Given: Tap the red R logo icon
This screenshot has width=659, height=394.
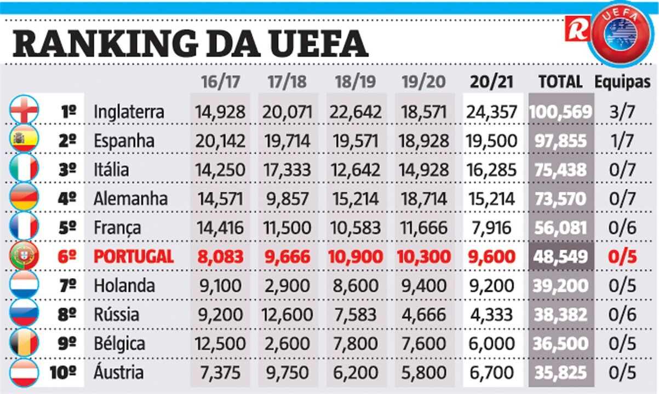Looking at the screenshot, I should (x=577, y=28).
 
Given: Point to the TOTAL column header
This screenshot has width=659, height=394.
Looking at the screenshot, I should (x=560, y=82).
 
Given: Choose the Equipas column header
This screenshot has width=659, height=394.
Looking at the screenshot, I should (x=623, y=82).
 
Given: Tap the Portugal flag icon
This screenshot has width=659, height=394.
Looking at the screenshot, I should (x=25, y=257).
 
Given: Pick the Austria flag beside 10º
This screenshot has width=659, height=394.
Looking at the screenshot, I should (x=25, y=373).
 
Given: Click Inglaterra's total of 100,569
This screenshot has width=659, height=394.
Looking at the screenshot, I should (x=560, y=112).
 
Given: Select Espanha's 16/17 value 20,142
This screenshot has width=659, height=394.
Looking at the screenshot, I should (x=220, y=141).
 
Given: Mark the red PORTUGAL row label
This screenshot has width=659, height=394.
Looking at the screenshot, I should (x=134, y=257).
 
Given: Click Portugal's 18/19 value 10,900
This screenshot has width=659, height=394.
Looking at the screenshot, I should (x=356, y=257).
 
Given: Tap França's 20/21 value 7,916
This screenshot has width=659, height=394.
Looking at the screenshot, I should (x=491, y=228).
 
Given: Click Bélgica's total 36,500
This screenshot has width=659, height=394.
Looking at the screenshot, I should (x=560, y=344).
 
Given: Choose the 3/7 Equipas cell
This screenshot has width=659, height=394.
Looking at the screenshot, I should (x=623, y=112).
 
